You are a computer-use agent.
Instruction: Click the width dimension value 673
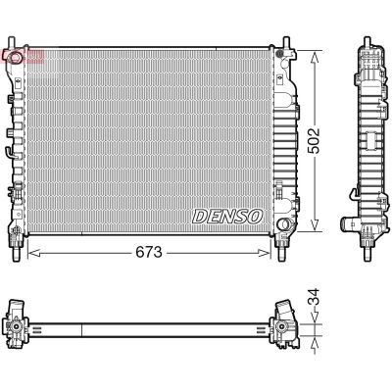pyautogui.click(x=147, y=252)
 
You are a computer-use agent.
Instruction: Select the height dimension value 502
pyautogui.click(x=314, y=139)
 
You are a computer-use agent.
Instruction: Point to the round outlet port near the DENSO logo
pyautogui.click(x=283, y=228)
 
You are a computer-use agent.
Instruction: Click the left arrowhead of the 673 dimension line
pyautogui.click(x=29, y=252)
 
